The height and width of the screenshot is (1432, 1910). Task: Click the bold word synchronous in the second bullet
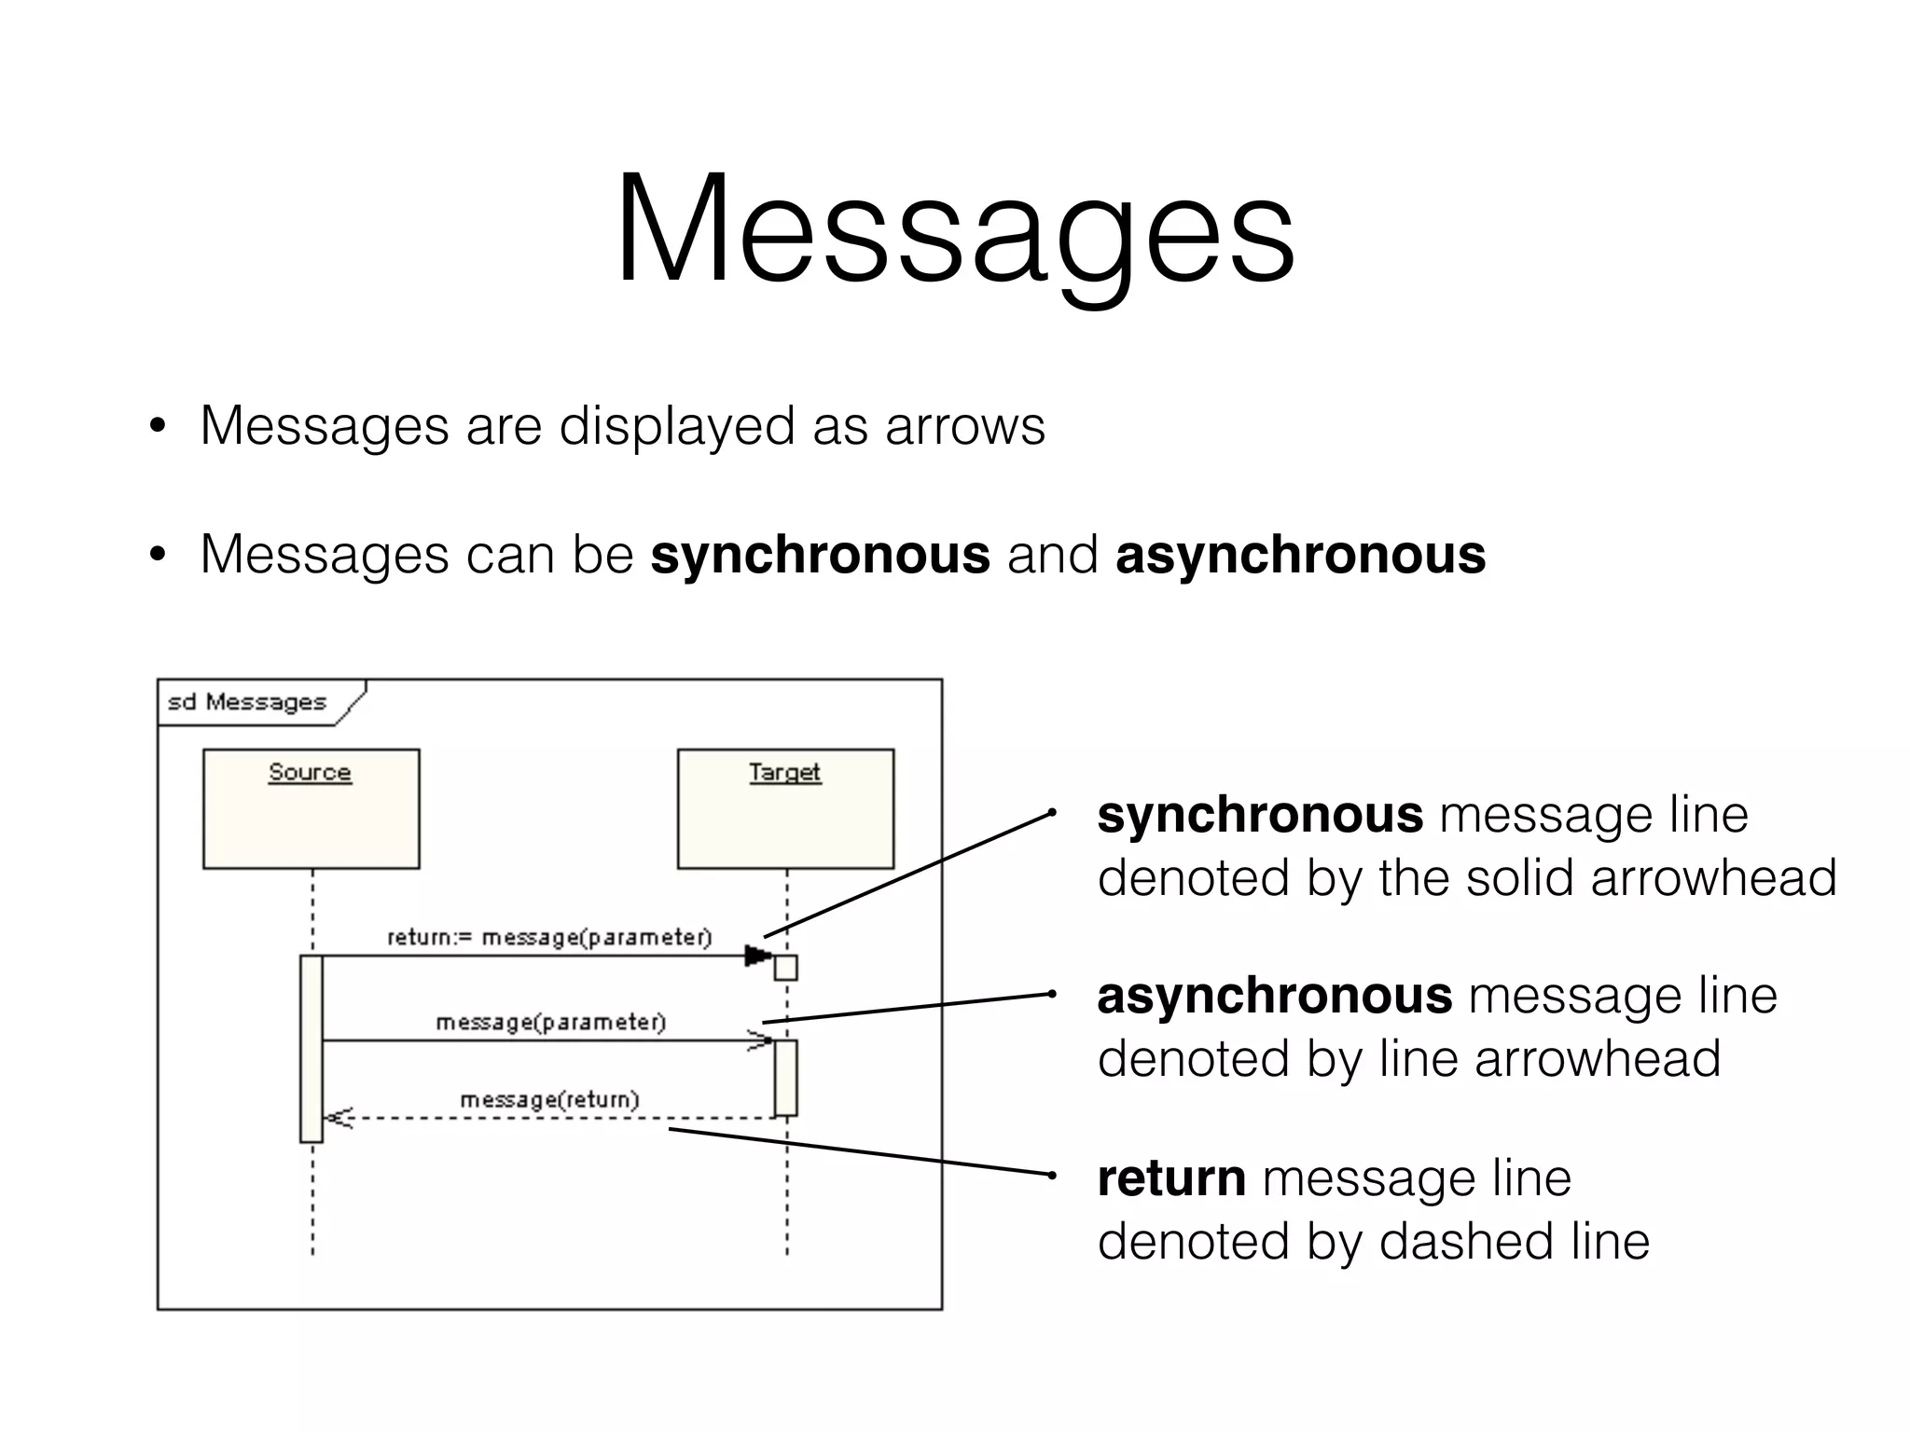click(820, 555)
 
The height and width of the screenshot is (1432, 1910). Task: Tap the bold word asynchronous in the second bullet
click(1300, 555)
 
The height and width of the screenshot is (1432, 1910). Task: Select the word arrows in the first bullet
click(964, 426)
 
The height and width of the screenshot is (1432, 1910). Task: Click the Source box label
click(310, 772)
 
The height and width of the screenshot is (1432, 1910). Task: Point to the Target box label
click(784, 772)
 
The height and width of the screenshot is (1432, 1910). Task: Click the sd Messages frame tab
click(247, 702)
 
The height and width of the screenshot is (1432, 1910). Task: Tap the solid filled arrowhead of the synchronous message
click(758, 956)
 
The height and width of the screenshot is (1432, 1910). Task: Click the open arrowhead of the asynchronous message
click(761, 1040)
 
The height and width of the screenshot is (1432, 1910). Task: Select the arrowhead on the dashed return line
click(338, 1117)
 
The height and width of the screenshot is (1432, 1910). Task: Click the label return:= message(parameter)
click(549, 937)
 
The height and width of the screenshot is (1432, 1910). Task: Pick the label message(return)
click(549, 1100)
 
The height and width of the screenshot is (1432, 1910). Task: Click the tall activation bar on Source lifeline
click(311, 1048)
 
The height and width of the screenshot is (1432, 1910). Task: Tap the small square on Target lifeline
click(786, 968)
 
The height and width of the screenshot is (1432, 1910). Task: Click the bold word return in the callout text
click(1171, 1178)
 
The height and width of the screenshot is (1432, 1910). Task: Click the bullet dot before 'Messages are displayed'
click(158, 427)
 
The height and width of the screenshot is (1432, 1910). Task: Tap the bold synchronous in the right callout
click(1260, 815)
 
